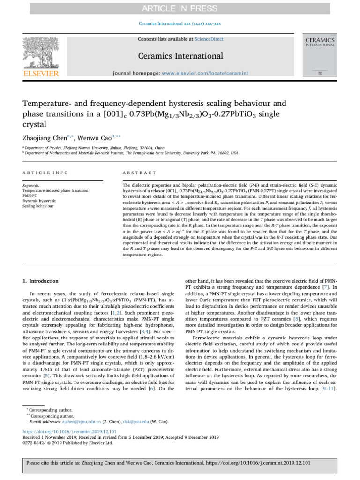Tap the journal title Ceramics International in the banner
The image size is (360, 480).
[180, 56]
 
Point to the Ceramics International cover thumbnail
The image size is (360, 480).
[320, 55]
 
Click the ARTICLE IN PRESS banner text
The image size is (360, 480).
[180, 8]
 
